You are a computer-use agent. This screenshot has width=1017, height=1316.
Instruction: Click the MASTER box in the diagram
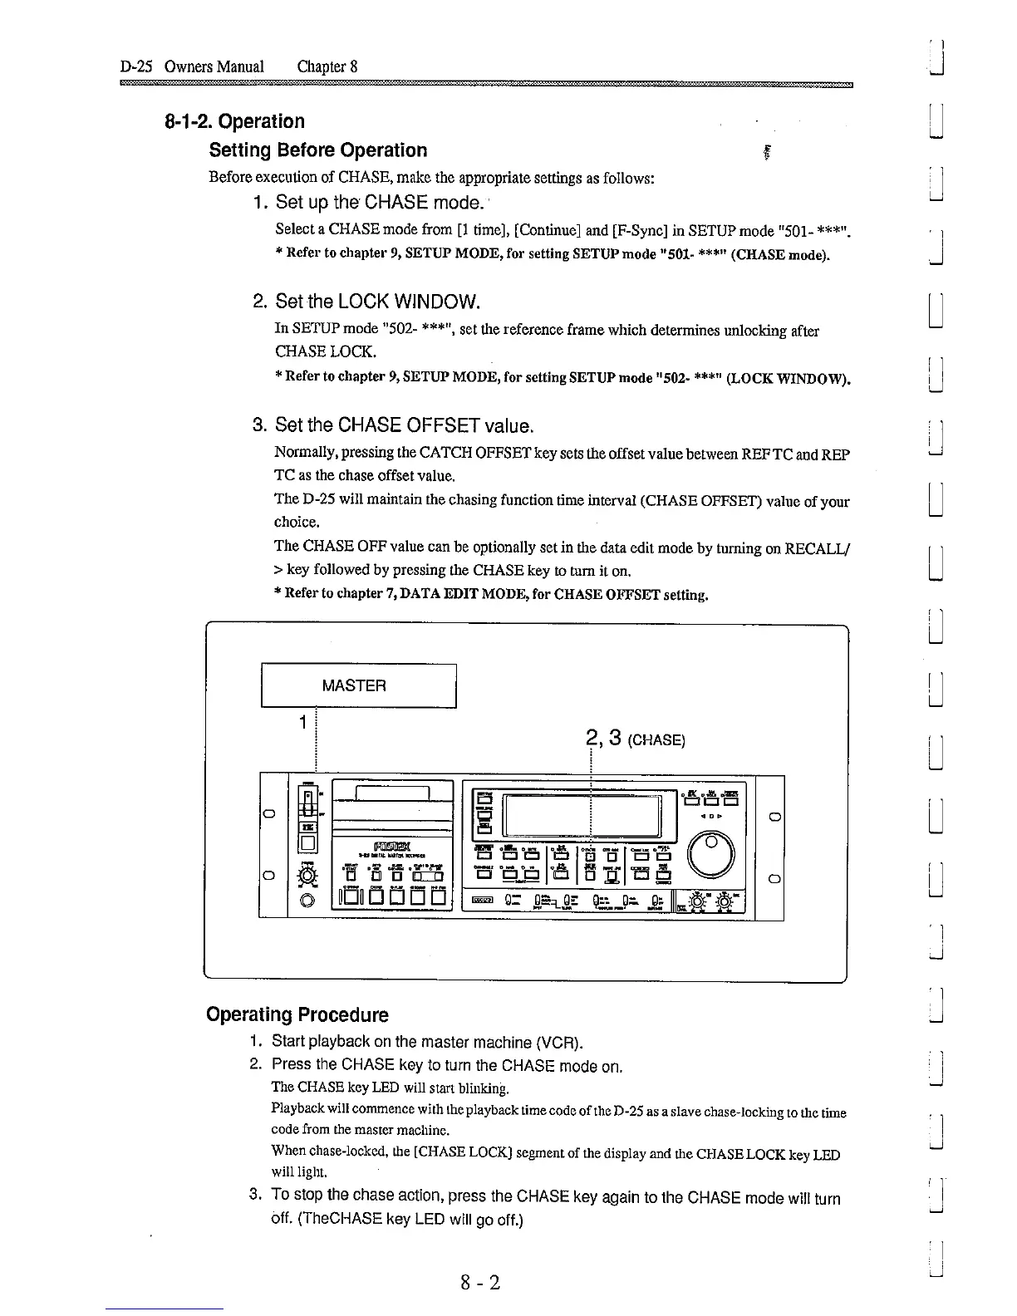[359, 685]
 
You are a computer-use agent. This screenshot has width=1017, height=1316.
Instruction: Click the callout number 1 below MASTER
[305, 721]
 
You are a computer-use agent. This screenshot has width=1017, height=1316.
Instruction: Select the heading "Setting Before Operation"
[318, 150]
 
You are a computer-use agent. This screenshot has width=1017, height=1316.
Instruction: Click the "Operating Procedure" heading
[297, 1014]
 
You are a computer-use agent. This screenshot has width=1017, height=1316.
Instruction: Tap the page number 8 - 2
[481, 1283]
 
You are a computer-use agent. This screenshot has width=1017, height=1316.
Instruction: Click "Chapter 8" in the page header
[327, 66]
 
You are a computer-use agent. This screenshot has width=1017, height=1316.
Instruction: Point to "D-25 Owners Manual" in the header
[192, 66]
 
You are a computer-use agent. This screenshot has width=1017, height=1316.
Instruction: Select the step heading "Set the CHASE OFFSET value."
[404, 426]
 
